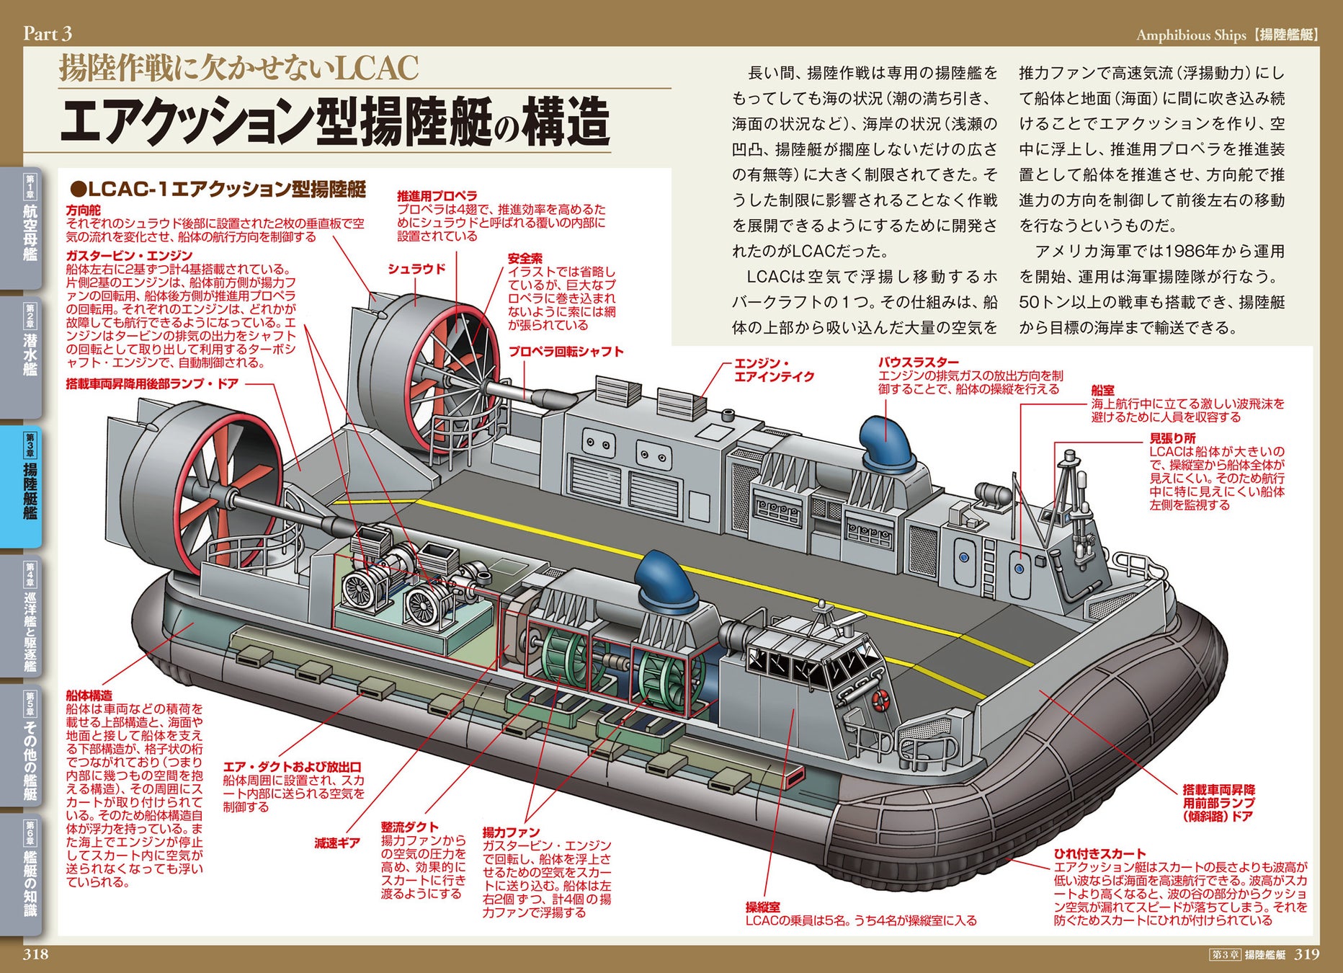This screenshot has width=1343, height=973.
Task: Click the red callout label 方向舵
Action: (83, 210)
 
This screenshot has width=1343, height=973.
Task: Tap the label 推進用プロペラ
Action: (437, 195)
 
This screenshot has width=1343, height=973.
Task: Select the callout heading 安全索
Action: (525, 258)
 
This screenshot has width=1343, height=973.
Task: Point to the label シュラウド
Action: (416, 269)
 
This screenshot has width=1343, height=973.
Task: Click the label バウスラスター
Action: (918, 363)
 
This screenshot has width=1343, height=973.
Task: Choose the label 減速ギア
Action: (336, 843)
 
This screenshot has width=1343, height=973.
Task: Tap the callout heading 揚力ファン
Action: (511, 832)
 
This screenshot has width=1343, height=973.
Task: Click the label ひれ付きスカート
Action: (1099, 854)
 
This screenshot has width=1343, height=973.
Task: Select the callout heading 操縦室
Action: (762, 907)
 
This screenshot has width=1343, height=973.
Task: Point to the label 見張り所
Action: (1172, 438)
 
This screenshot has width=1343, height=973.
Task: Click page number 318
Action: (36, 954)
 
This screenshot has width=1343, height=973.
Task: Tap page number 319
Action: (1307, 954)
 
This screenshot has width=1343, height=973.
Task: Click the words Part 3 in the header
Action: (48, 33)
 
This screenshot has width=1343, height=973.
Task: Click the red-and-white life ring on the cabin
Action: (880, 698)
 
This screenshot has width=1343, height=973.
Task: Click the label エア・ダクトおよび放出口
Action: (292, 767)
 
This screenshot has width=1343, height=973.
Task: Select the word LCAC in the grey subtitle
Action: (377, 68)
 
